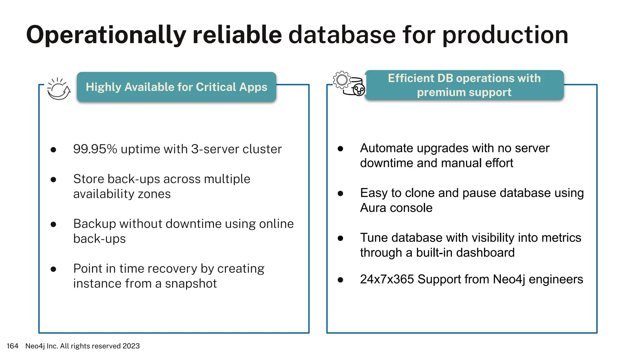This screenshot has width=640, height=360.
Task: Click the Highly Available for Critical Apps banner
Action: coord(177,87)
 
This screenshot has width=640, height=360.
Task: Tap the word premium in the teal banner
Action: coord(436,92)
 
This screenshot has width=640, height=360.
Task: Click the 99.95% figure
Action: coord(95,149)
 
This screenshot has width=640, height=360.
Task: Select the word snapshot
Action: coord(191,283)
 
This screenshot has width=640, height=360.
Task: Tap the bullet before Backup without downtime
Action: coord(53,224)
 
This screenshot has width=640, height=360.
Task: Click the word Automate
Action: coord(387,148)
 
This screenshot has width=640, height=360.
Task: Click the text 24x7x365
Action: coord(387,279)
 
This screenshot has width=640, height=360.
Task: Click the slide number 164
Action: coord(12,346)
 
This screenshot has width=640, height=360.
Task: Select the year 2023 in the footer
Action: coord(131,346)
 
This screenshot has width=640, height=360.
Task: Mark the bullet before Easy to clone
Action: coord(340,194)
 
